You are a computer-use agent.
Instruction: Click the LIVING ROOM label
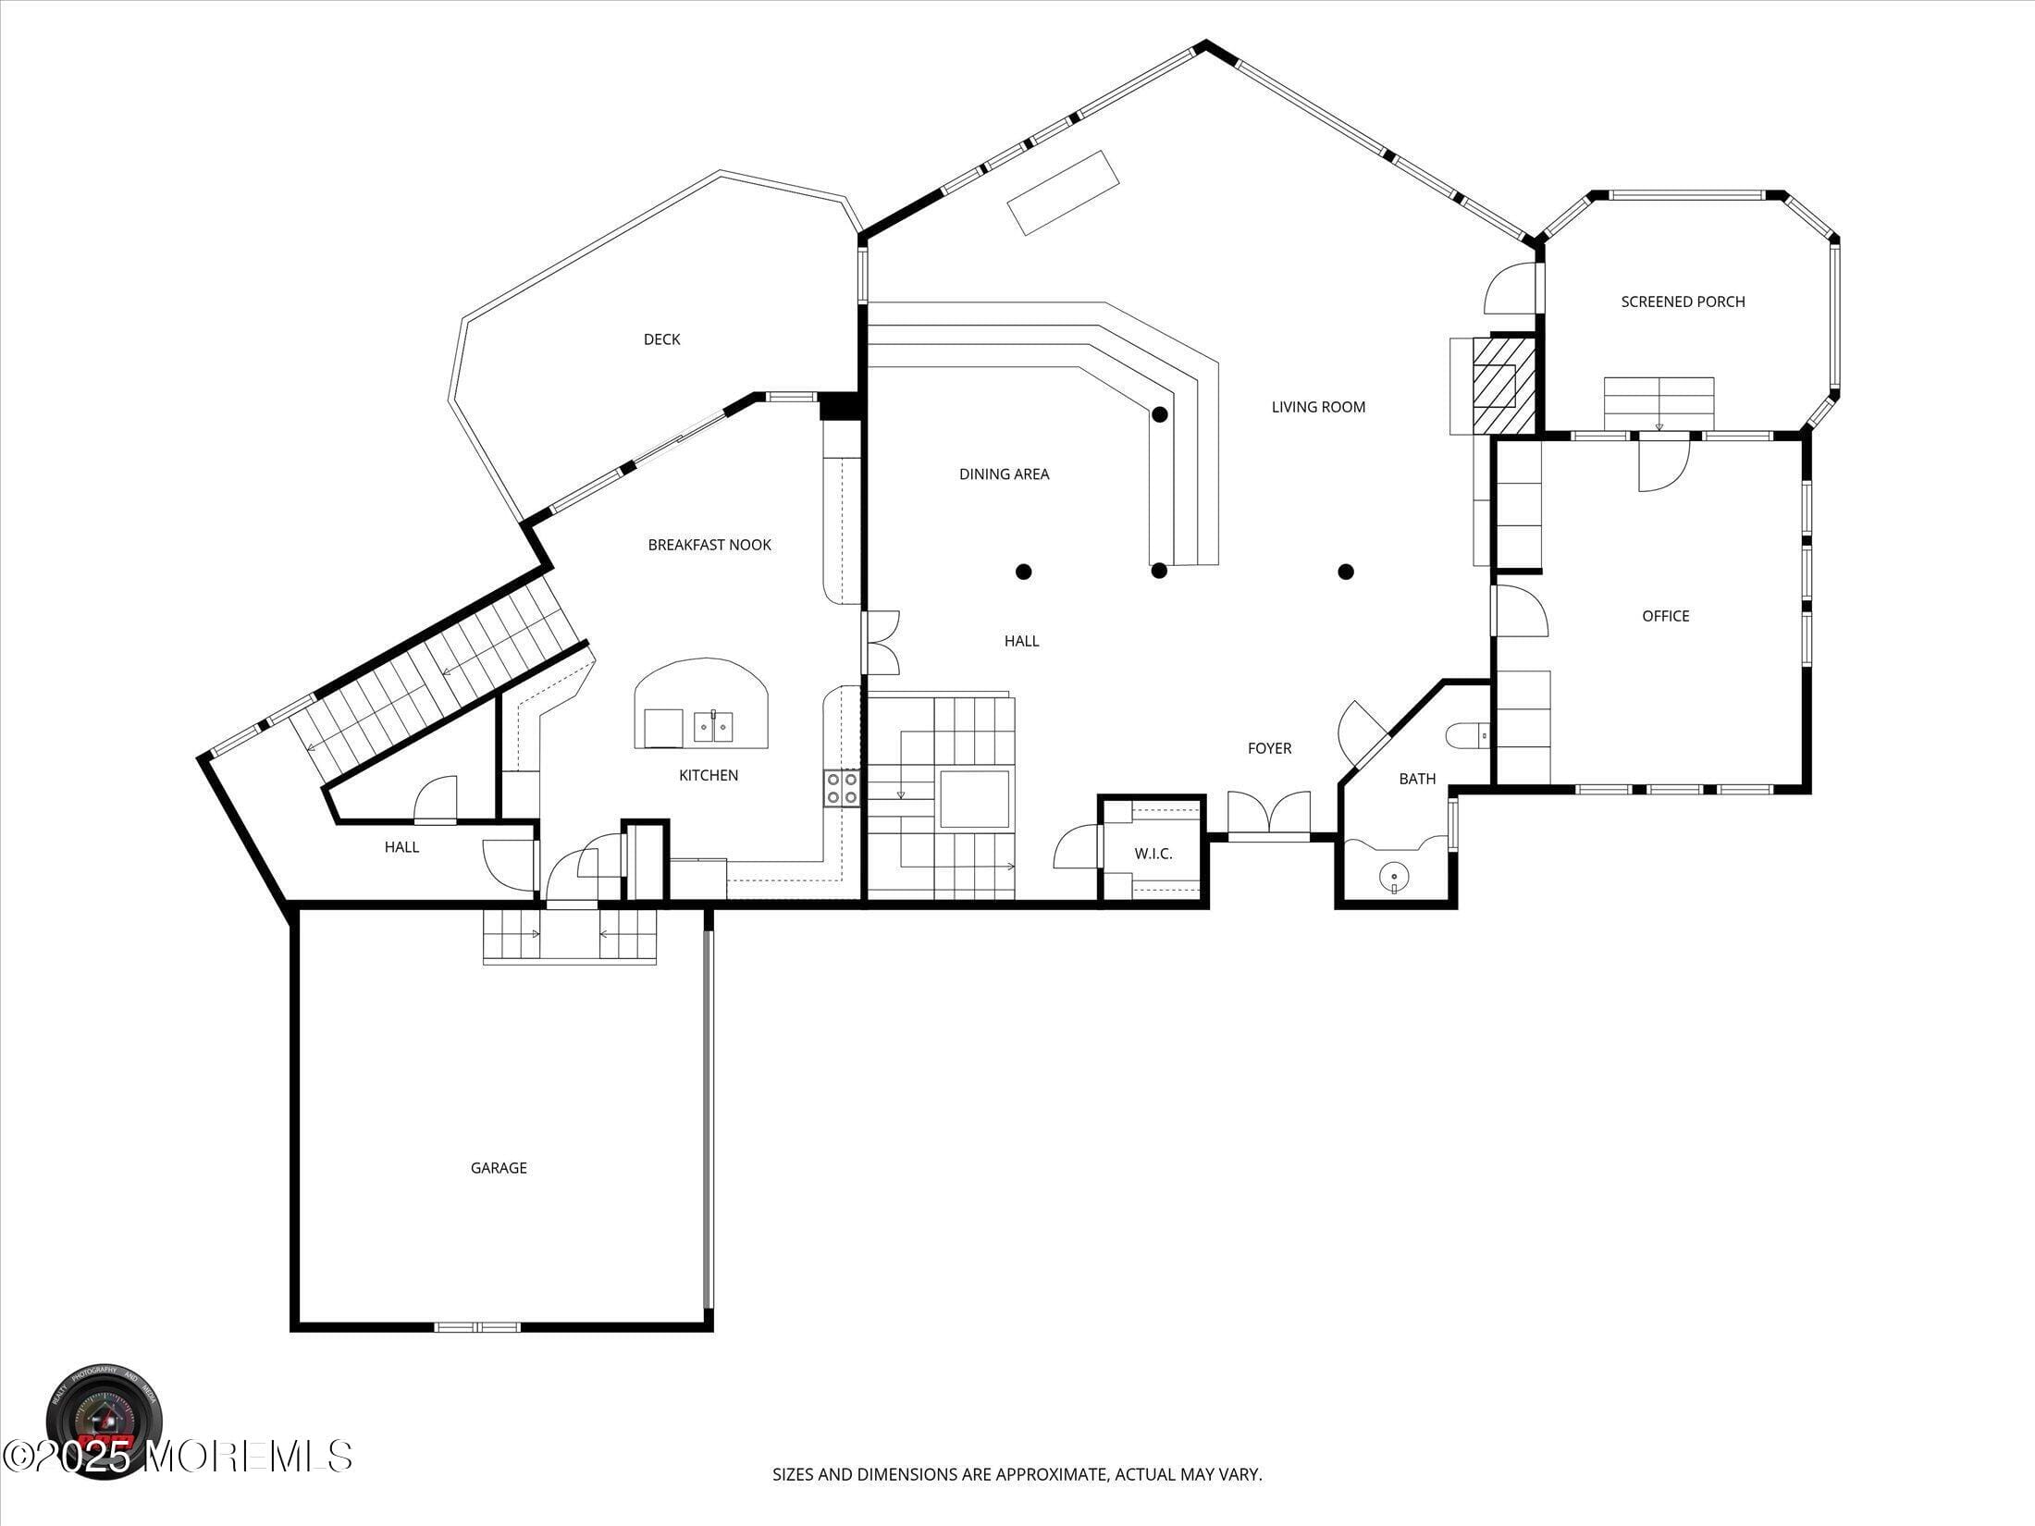[x=1318, y=407]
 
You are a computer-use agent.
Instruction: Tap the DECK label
[x=661, y=339]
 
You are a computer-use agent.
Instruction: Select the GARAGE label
[x=499, y=1168]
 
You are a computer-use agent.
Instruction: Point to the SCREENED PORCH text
[x=1683, y=302]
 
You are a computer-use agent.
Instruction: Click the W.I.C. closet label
[x=1153, y=854]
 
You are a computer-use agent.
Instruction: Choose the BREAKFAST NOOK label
[x=709, y=545]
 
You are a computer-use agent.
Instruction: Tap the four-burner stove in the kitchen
[x=842, y=789]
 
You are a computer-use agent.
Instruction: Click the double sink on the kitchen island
[x=713, y=728]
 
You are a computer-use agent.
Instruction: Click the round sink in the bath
[x=1394, y=874]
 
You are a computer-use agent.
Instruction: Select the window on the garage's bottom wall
[x=477, y=1327]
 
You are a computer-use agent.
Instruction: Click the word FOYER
[x=1269, y=748]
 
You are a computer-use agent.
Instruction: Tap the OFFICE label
[x=1665, y=616]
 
